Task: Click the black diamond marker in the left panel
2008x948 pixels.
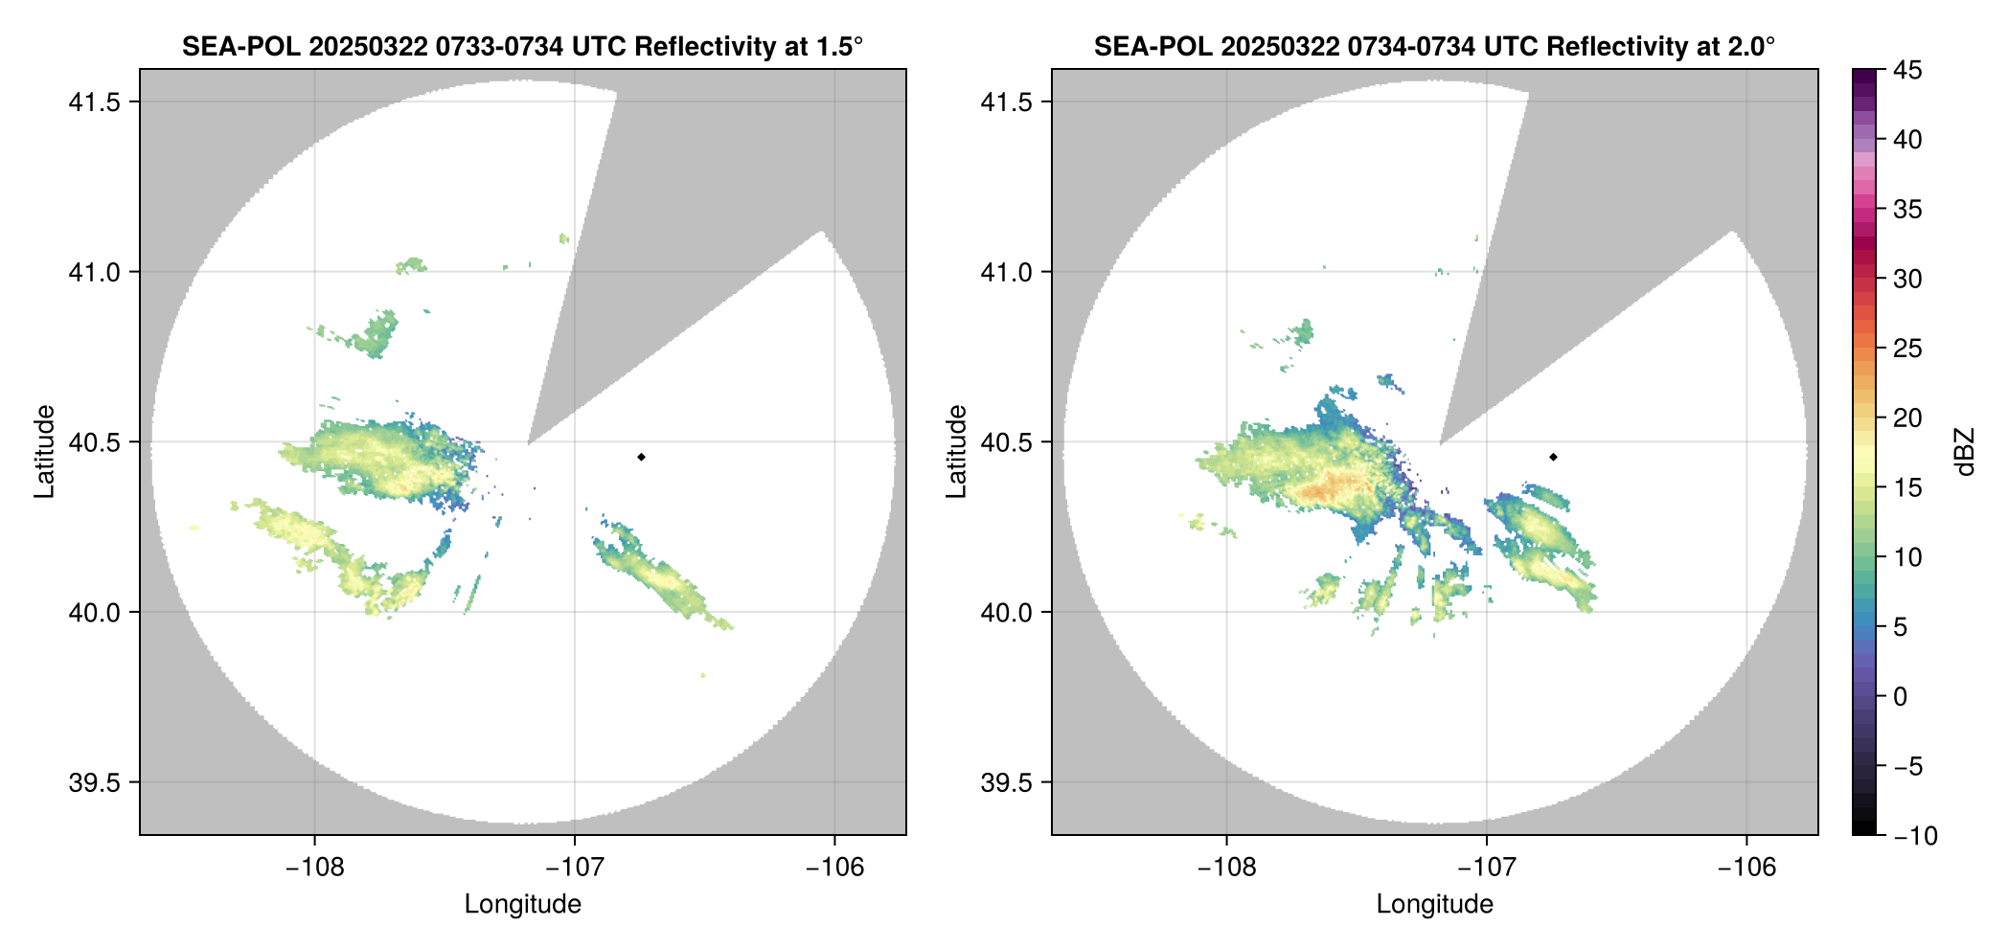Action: pos(641,457)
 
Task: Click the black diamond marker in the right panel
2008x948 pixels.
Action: pos(1553,457)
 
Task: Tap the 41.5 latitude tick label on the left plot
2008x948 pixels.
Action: pos(94,102)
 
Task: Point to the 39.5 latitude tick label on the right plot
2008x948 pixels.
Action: pos(1006,782)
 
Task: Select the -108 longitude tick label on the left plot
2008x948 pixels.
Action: pos(314,868)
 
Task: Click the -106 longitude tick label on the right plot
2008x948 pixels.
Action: pos(1746,868)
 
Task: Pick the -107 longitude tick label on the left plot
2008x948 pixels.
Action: pos(574,868)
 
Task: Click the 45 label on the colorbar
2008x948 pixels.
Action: pos(1906,70)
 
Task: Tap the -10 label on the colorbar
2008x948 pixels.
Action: pos(1915,836)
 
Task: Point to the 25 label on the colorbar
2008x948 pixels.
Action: pos(1906,349)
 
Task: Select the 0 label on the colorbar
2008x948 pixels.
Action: pos(1901,697)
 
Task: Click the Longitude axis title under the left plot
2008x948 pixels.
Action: pos(523,904)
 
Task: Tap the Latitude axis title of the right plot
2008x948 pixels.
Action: pos(956,452)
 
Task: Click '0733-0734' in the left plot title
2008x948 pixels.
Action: pos(499,46)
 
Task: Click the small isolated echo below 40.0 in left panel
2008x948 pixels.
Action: pos(703,675)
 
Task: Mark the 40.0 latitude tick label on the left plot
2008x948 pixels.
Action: pos(94,612)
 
